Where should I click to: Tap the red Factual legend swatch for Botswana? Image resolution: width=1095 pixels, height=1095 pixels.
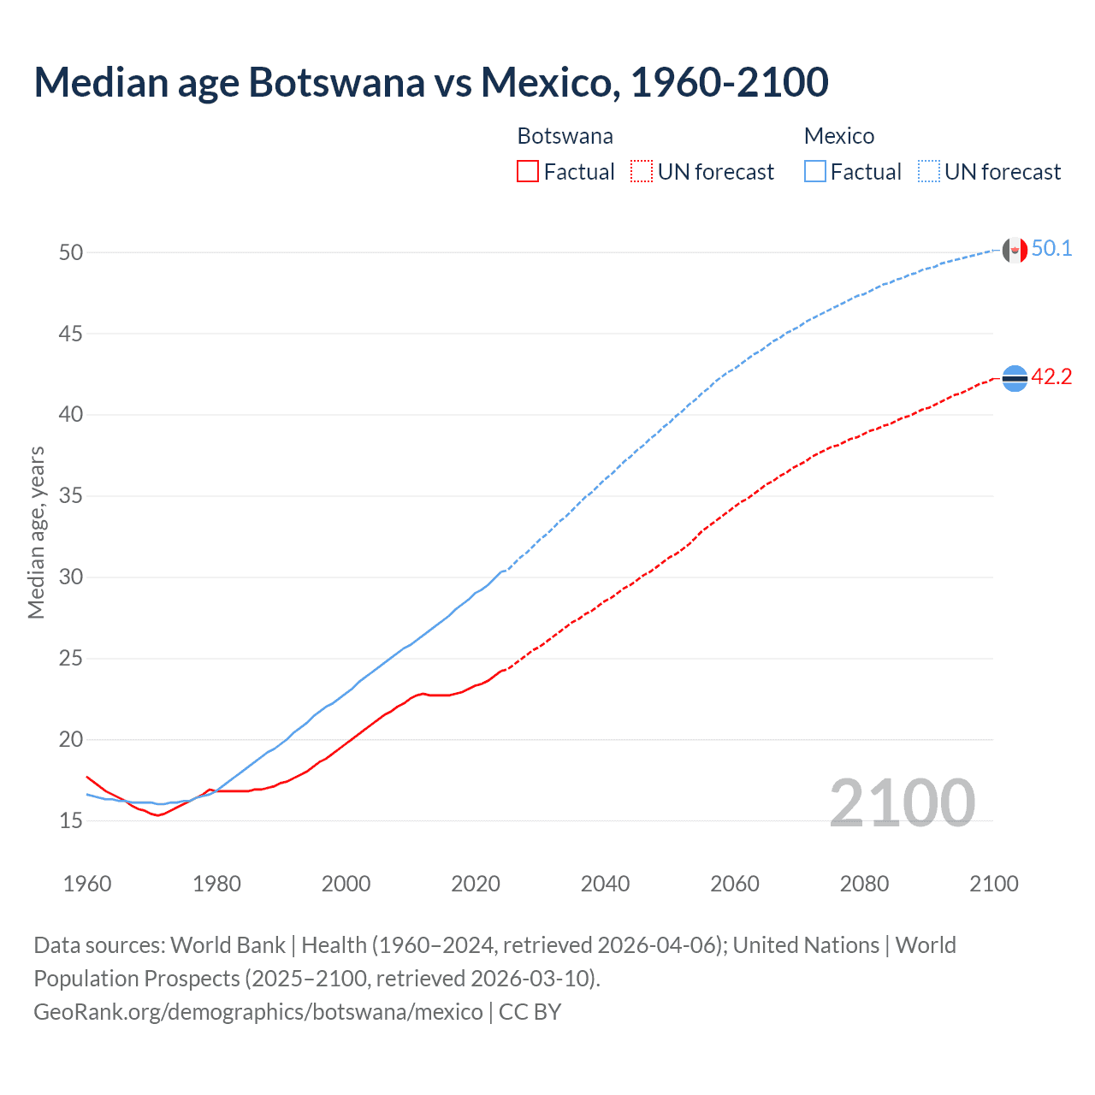pyautogui.click(x=528, y=172)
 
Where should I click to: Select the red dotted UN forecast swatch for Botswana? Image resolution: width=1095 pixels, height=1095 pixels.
pyautogui.click(x=642, y=172)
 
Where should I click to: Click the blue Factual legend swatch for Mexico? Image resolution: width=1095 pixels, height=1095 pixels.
pyautogui.click(x=815, y=172)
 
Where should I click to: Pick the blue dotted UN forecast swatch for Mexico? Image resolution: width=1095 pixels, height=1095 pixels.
pyautogui.click(x=929, y=172)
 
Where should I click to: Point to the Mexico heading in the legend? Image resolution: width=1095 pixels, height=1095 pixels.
pyautogui.click(x=838, y=136)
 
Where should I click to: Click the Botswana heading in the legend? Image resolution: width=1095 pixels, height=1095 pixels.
pyautogui.click(x=565, y=136)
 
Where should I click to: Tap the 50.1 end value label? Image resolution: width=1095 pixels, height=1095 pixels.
pyautogui.click(x=1051, y=249)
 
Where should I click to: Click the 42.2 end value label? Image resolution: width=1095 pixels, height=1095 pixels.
pyautogui.click(x=1051, y=377)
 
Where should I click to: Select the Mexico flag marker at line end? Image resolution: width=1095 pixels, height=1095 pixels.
pyautogui.click(x=1015, y=250)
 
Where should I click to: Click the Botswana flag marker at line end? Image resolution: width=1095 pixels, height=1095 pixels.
pyautogui.click(x=1015, y=378)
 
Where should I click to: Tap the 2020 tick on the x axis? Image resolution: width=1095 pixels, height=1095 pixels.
pyautogui.click(x=476, y=884)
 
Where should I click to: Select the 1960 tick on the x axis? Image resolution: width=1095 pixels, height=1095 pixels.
pyautogui.click(x=87, y=884)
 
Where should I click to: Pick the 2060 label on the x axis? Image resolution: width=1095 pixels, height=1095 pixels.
pyautogui.click(x=735, y=884)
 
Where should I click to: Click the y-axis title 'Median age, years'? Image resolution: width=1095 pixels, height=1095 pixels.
pyautogui.click(x=36, y=532)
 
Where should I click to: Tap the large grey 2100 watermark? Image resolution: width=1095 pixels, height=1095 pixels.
pyautogui.click(x=902, y=802)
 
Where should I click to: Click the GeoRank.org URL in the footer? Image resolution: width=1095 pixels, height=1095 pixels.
pyautogui.click(x=257, y=1012)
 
